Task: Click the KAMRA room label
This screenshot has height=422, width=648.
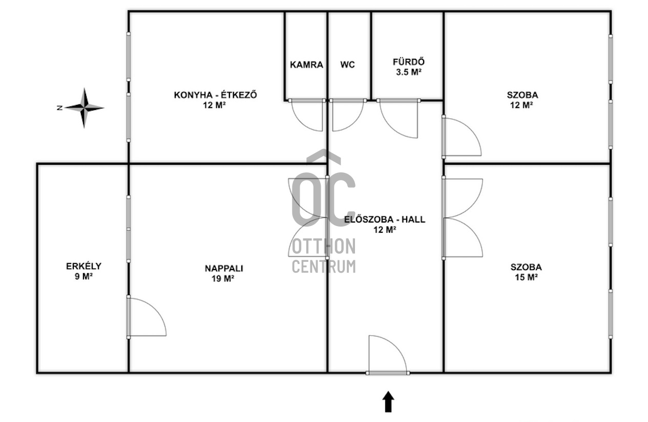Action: (x=306, y=64)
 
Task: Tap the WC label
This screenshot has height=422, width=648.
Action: (x=347, y=64)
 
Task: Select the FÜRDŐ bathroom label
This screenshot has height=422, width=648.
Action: (x=408, y=62)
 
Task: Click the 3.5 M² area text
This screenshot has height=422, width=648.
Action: (x=408, y=72)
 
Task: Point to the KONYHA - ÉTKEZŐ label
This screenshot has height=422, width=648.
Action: (x=216, y=95)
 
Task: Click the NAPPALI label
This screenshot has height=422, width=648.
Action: (x=224, y=269)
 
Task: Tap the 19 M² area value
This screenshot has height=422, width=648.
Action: (x=223, y=278)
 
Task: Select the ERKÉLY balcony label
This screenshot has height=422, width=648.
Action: (x=83, y=266)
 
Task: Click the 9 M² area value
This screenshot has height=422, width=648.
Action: (x=83, y=276)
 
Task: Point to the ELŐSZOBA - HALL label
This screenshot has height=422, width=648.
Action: (x=385, y=219)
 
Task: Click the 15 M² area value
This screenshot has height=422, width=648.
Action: (x=526, y=277)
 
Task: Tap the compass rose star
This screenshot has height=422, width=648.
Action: (x=84, y=108)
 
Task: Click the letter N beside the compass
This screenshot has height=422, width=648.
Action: (x=59, y=108)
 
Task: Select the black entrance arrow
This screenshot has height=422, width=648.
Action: (x=388, y=402)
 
